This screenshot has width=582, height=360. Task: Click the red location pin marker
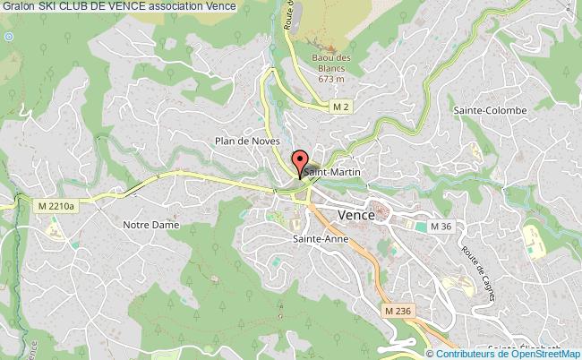299,162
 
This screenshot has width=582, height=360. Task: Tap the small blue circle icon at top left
9,36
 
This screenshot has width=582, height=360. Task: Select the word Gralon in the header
18,7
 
